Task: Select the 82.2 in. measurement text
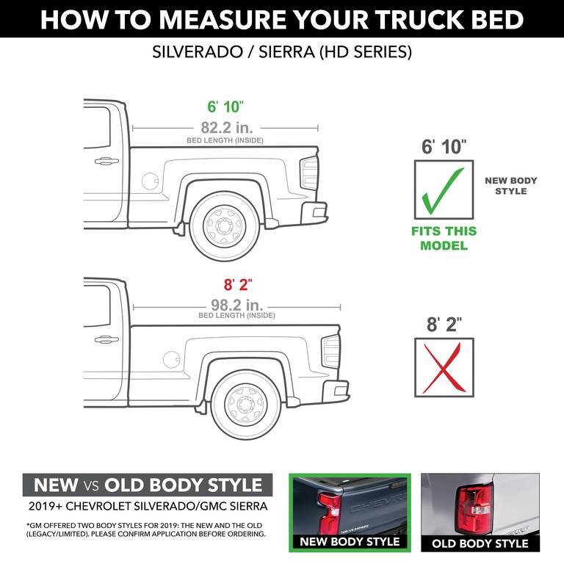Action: tap(225, 126)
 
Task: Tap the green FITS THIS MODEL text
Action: tap(444, 238)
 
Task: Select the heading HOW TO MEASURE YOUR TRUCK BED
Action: tap(282, 20)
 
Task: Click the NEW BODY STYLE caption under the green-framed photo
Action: tap(349, 541)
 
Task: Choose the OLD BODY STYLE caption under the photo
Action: tap(480, 543)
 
